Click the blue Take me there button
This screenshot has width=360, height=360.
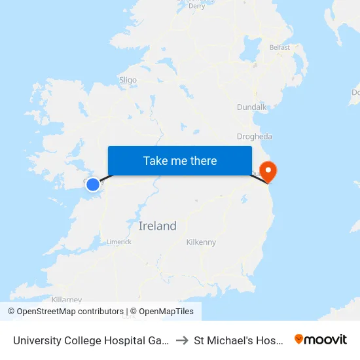pyautogui.click(x=180, y=160)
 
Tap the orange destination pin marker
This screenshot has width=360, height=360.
pyautogui.click(x=268, y=171)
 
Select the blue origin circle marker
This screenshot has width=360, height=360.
pyautogui.click(x=93, y=185)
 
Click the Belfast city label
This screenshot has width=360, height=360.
pyautogui.click(x=279, y=47)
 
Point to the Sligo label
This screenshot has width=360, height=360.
pyautogui.click(x=128, y=80)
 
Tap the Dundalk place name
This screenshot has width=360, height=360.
pyautogui.click(x=252, y=107)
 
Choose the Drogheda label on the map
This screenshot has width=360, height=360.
pyautogui.click(x=255, y=137)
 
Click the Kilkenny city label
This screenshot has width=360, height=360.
pyautogui.click(x=201, y=242)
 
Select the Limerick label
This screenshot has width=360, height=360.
pyautogui.click(x=118, y=242)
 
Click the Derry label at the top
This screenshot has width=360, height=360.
pyautogui.click(x=196, y=6)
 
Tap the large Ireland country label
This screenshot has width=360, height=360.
pyautogui.click(x=158, y=226)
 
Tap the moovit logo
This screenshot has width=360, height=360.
pyautogui.click(x=321, y=339)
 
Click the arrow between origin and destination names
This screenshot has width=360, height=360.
pyautogui.click(x=182, y=340)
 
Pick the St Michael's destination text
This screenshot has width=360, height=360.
pyautogui.click(x=240, y=340)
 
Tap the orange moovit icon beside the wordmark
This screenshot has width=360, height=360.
pyautogui.click(x=299, y=339)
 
